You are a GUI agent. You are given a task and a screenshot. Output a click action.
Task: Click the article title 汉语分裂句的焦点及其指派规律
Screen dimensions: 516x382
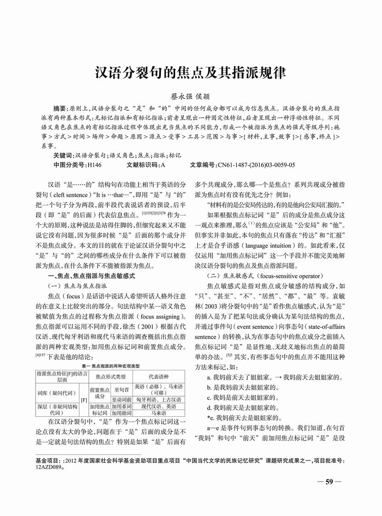190,73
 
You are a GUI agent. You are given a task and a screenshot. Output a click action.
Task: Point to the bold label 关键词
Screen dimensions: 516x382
63,156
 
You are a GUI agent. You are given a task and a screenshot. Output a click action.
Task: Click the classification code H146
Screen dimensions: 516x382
94,165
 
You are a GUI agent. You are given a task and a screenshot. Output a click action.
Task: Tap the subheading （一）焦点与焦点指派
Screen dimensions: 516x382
77,285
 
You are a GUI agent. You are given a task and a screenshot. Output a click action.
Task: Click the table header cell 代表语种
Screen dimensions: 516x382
158,376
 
